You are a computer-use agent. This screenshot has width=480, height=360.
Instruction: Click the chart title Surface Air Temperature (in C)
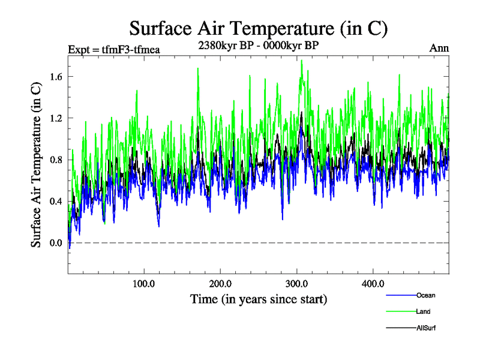point(259,28)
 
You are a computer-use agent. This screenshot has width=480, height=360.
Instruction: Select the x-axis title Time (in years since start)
point(259,298)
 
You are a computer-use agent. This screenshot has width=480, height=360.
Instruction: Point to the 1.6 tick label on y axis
point(56,77)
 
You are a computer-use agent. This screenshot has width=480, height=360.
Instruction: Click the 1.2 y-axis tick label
point(56,118)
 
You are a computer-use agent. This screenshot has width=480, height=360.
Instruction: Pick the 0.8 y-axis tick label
point(56,160)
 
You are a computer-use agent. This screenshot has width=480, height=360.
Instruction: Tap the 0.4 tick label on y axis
point(56,201)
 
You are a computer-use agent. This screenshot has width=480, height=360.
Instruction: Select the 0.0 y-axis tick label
point(56,242)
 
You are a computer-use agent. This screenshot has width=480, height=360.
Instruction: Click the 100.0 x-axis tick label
point(144,283)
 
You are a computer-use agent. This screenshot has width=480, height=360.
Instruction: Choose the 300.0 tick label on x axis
point(297,283)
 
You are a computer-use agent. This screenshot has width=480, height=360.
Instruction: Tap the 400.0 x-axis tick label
point(373,283)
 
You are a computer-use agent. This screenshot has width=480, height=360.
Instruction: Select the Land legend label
point(424,311)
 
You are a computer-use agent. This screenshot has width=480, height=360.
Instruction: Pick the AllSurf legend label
point(427,328)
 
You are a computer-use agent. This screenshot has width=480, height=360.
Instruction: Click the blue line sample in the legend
point(400,295)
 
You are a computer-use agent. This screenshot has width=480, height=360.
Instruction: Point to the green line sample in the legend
point(400,311)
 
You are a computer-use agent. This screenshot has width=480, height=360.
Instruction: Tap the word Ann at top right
point(439,48)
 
